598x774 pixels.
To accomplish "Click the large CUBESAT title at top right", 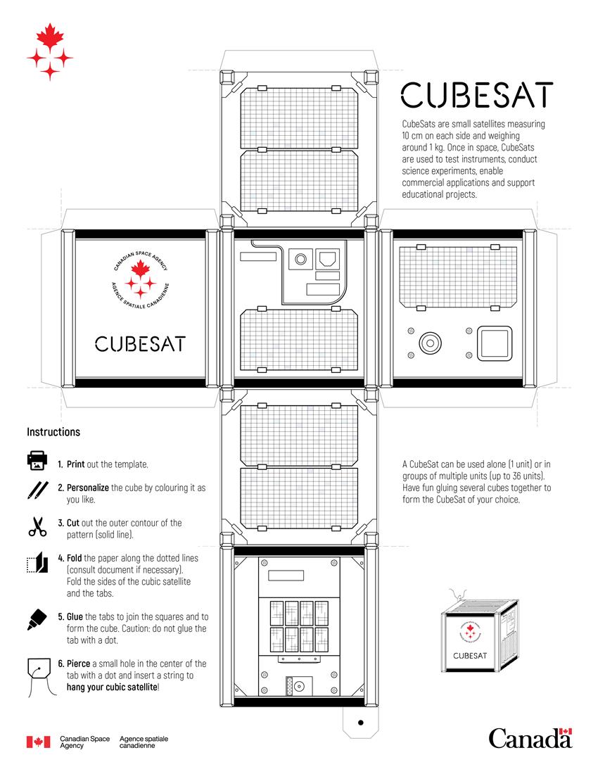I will click(476, 95).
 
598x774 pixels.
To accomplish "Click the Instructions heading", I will click(53, 432).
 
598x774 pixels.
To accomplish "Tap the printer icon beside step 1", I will click(37, 462).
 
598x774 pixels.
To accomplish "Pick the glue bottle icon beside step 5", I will click(37, 619).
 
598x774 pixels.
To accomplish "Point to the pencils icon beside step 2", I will click(37, 490).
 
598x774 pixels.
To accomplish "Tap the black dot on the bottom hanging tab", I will click(360, 723).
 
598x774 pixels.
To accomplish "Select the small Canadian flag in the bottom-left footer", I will click(38, 742).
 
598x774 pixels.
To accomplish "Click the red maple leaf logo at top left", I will click(49, 52).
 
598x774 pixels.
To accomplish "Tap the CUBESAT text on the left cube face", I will click(140, 344).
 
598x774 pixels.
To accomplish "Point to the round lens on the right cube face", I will click(428, 343).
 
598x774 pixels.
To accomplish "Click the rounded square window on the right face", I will click(494, 343).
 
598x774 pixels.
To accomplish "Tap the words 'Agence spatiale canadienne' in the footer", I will click(144, 742).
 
